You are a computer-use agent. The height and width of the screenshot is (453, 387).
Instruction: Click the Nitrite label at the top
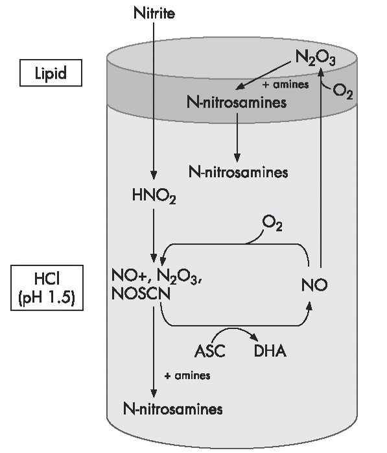pos(154,13)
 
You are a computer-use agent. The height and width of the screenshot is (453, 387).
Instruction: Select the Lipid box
pos(51,73)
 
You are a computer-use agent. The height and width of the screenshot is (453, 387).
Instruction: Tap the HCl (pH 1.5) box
pos(47,288)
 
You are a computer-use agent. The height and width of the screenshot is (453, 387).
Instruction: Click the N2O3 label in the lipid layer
pos(316,58)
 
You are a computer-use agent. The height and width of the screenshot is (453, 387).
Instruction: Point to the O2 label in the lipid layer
pos(343,92)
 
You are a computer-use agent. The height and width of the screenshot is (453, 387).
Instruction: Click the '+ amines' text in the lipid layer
pos(285,84)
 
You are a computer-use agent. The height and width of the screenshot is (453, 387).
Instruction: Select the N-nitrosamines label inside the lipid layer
pos(237,103)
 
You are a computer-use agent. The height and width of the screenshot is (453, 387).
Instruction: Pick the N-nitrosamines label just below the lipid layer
pos(239,172)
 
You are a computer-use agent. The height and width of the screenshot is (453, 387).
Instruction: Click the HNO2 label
pos(154,196)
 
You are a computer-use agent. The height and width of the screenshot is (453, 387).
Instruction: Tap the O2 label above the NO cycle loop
pos(272,224)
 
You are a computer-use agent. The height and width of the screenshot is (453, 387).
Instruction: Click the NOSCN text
pos(141,294)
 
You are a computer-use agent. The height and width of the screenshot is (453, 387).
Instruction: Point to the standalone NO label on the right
pos(314,285)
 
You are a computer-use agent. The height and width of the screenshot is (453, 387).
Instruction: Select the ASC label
pos(210,351)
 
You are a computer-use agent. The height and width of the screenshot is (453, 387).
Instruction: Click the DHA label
pos(270,351)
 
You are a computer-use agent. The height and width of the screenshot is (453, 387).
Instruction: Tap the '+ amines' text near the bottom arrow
pos(187,376)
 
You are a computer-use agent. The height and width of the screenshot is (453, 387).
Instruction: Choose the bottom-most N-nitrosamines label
pos(173,409)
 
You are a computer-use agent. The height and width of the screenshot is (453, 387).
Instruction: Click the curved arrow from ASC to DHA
pos(234,328)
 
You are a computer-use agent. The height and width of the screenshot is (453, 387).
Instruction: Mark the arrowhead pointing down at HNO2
pos(154,175)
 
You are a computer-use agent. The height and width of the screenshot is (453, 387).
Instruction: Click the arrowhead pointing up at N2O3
pos(321,72)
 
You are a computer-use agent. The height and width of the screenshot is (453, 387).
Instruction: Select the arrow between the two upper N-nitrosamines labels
pos(237,138)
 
